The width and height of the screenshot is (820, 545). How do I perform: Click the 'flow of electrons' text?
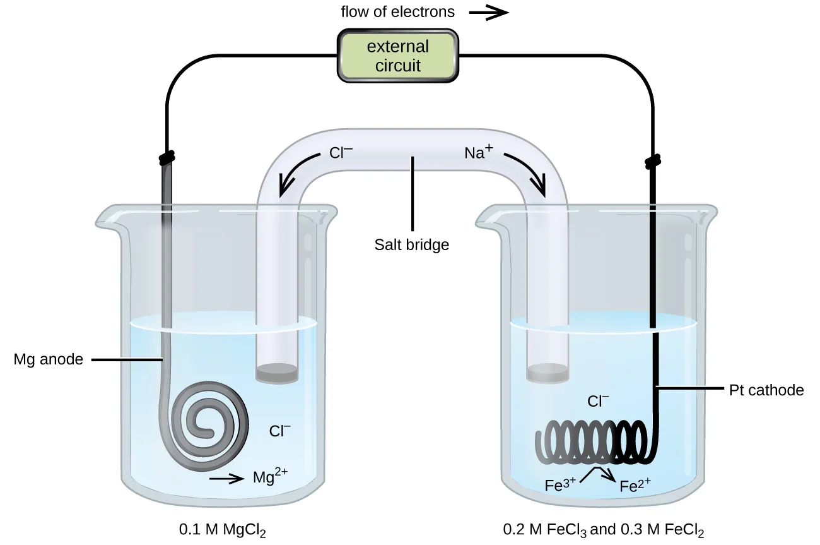point(397,12)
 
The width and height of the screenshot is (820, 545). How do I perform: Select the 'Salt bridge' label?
point(412,244)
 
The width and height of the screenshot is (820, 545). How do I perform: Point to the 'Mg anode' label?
point(49,360)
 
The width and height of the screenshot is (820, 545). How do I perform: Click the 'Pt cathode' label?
point(766,390)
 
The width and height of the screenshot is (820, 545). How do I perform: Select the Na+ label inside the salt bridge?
point(478,152)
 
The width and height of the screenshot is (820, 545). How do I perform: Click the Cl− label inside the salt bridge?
point(341,152)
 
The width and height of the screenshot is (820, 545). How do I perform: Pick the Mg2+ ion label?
point(270,476)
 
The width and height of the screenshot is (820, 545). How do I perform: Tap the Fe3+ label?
point(559,486)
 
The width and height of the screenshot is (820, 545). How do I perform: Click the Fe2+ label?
point(635,486)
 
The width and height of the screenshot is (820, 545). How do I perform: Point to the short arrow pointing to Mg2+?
point(226,479)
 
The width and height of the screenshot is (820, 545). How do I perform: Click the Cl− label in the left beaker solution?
point(280,431)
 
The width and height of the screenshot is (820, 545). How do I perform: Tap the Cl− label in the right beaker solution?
point(598,401)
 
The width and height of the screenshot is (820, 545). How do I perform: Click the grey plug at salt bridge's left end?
point(277,373)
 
